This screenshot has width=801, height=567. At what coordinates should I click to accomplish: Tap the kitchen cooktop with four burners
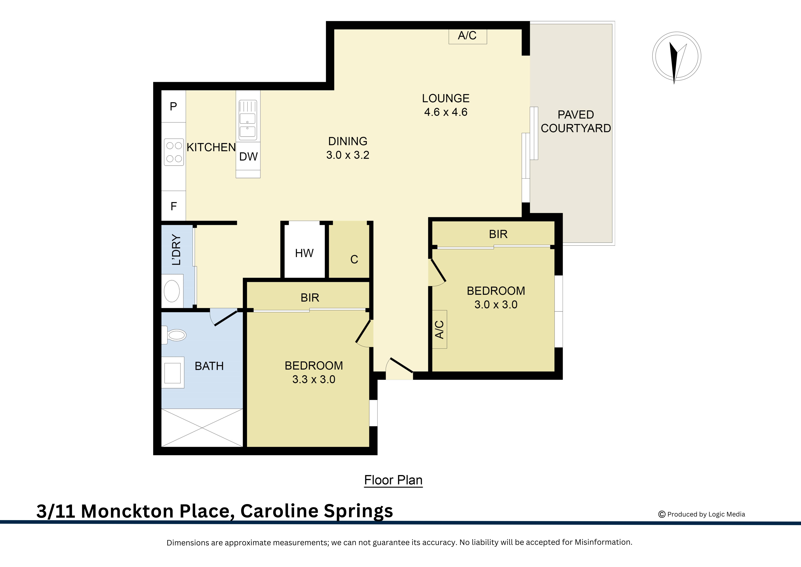click(x=174, y=152)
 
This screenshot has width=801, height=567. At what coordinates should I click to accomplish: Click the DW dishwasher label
click(x=248, y=157)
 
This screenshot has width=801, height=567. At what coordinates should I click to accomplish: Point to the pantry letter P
click(x=173, y=106)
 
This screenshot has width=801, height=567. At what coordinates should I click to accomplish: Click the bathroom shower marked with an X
click(x=202, y=428)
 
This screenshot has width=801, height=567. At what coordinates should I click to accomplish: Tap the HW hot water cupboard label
click(x=304, y=253)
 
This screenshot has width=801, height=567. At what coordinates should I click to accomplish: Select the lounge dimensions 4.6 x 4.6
click(x=445, y=112)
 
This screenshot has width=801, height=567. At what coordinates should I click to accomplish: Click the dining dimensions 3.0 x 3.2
click(x=347, y=155)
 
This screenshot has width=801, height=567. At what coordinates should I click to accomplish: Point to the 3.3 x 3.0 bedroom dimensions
click(x=314, y=379)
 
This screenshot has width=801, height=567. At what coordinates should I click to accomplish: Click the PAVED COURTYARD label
click(x=576, y=121)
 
